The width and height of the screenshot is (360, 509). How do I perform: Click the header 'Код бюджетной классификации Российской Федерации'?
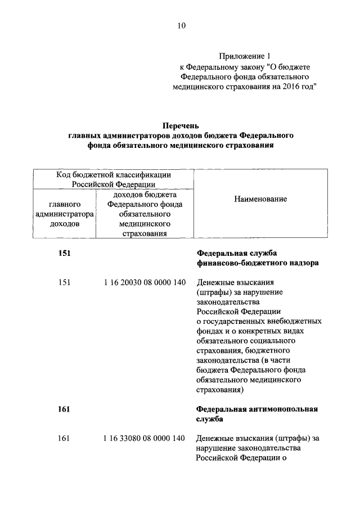114,179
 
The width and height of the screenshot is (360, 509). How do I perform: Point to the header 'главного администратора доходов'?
64,213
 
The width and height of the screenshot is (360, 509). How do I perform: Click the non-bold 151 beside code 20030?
65,282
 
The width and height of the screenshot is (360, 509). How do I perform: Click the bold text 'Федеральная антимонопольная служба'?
257,414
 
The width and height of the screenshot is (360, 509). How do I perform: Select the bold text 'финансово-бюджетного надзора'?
258,263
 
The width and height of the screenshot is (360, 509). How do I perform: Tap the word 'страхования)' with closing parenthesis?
220,389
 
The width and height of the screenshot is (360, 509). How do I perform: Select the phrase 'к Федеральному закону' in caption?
213,66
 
